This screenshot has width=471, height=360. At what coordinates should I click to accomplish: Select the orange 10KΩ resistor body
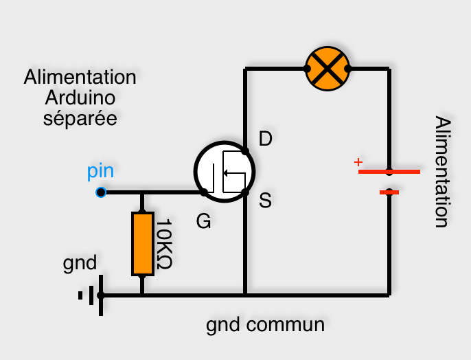141,244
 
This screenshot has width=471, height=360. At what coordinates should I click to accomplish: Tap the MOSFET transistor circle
224,172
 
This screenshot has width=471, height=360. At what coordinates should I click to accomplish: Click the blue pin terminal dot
101,192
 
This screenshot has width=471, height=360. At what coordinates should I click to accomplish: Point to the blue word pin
101,171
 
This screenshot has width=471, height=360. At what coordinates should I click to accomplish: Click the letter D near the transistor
265,139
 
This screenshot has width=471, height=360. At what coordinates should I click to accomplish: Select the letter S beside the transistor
266,200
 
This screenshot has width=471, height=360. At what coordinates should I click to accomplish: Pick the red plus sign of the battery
357,162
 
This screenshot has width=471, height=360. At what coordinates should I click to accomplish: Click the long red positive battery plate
389,171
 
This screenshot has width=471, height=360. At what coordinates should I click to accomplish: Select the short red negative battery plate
389,193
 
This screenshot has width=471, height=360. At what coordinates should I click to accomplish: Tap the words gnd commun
265,324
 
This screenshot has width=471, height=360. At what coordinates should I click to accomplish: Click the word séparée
80,118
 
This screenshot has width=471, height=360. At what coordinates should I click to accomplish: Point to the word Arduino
80,98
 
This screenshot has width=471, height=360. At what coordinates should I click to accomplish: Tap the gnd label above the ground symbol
80,263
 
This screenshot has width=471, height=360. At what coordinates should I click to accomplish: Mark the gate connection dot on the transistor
204,192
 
